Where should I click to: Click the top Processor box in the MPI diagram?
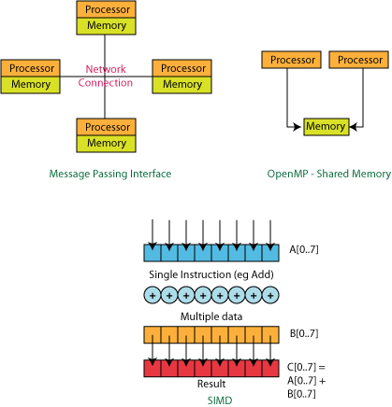coord(106,9)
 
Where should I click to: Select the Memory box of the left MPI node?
coord(30,85)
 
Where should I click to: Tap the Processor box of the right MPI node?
coord(182,68)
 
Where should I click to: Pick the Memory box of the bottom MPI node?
coord(106,144)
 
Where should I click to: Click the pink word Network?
coord(106,69)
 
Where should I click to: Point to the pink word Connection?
coord(106,83)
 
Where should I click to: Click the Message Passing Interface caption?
coord(110,174)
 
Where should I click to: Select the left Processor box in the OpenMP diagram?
coord(291,60)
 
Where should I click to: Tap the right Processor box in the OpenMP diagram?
coord(358,60)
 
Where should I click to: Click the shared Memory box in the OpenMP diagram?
coord(327,127)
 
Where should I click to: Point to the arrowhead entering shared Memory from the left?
coord(298,127)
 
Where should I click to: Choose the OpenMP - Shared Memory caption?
coord(329,174)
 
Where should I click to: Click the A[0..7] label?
coord(304,249)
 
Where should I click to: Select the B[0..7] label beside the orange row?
coord(304,333)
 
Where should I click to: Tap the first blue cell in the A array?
coord(152,253)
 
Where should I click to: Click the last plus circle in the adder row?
coord(270,295)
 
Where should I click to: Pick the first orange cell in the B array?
coord(152,335)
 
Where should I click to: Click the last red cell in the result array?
coord(270,369)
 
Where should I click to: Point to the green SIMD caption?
coord(220,400)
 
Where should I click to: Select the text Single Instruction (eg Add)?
coord(211,274)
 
